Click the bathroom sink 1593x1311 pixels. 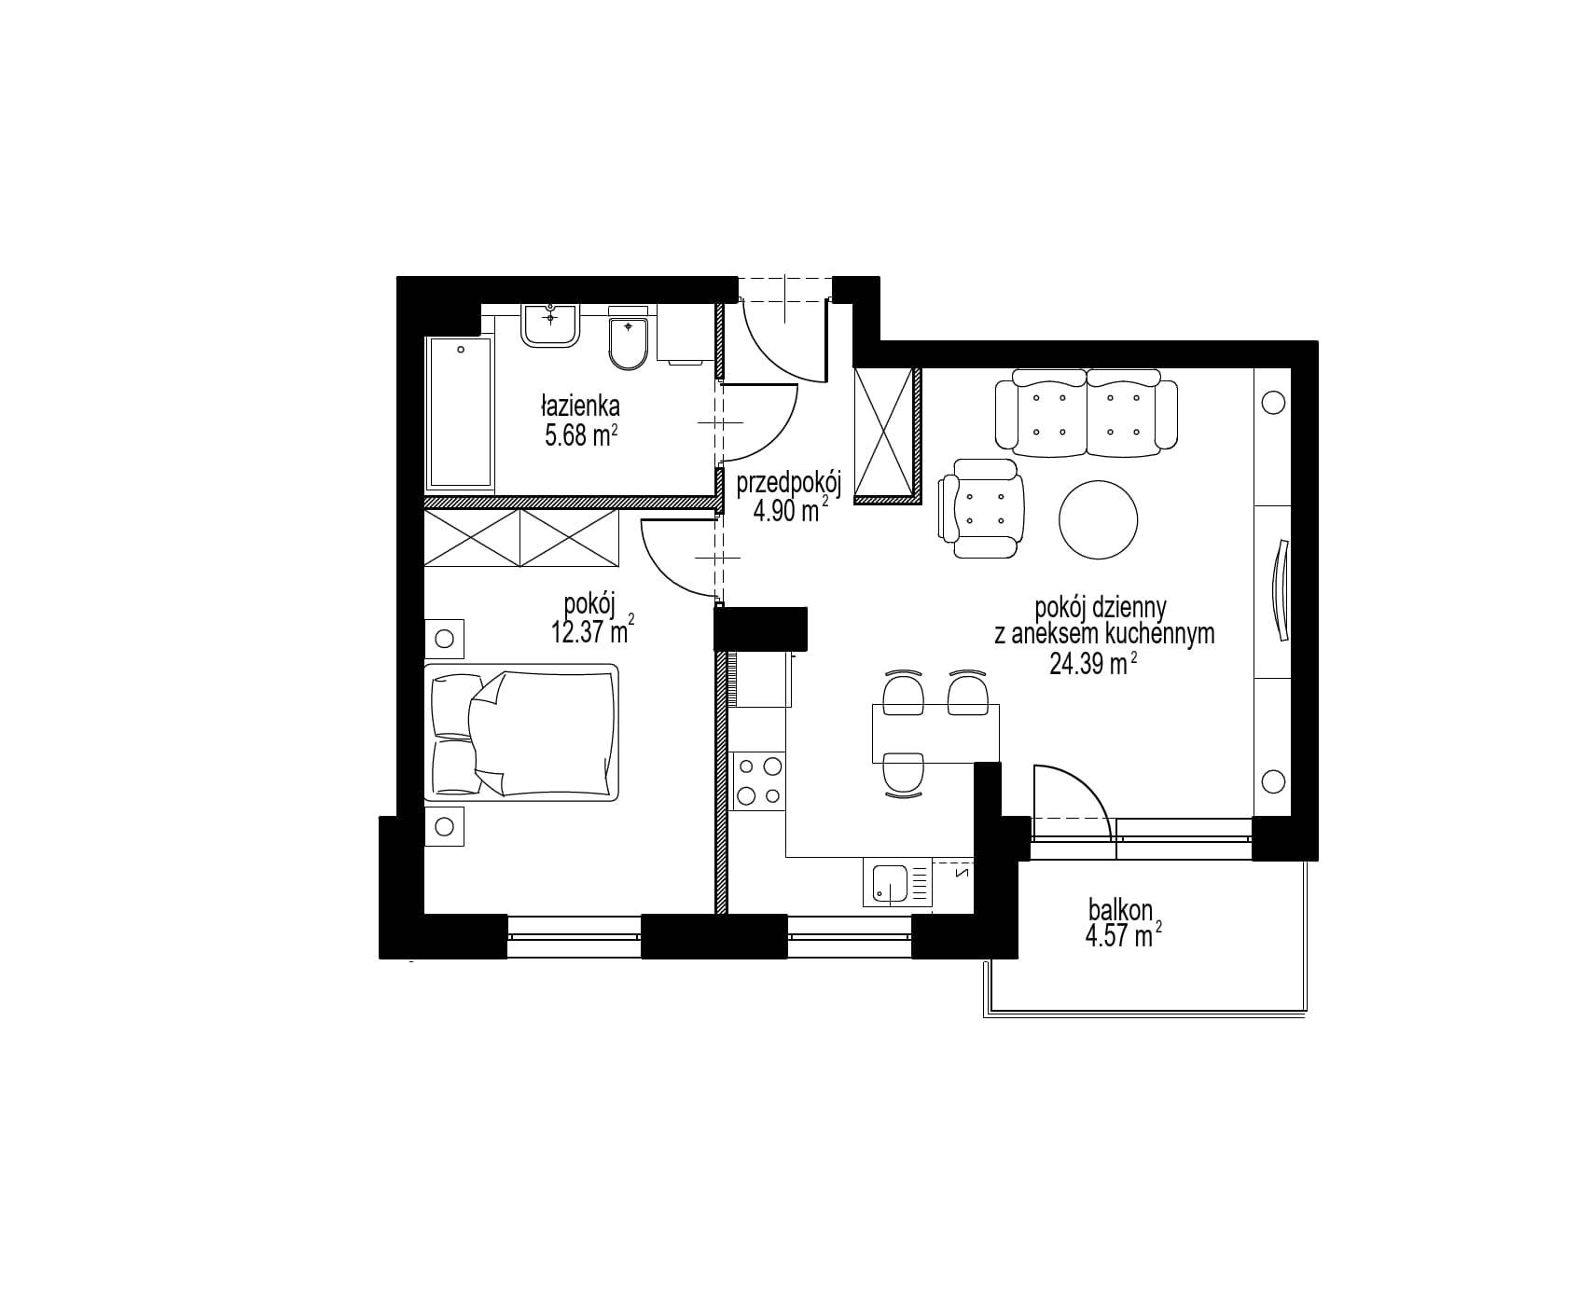551,325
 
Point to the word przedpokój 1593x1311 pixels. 789,485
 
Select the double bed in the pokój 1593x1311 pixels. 521,732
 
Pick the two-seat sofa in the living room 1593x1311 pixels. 1087,413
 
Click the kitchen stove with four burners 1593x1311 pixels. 758,780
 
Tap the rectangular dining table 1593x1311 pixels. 935,734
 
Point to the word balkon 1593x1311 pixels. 1121,909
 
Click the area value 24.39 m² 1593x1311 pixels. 1093,664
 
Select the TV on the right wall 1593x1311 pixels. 1280,591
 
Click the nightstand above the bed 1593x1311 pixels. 444,639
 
